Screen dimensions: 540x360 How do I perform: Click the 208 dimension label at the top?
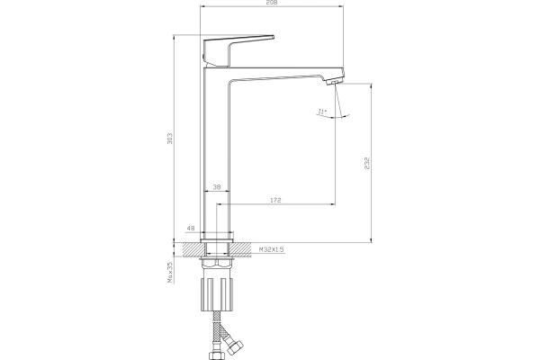(x=272, y=3)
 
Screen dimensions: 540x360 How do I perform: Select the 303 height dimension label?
(x=170, y=139)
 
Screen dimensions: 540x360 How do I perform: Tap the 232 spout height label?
(x=367, y=163)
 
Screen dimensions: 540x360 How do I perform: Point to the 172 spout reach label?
(x=275, y=200)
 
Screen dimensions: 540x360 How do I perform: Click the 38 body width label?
(x=217, y=187)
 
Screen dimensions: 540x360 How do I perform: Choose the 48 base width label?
(x=191, y=228)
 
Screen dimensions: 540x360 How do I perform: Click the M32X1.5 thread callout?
(x=272, y=249)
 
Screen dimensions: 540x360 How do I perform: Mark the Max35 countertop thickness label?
(x=170, y=273)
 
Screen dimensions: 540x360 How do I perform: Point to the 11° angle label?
(x=321, y=112)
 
